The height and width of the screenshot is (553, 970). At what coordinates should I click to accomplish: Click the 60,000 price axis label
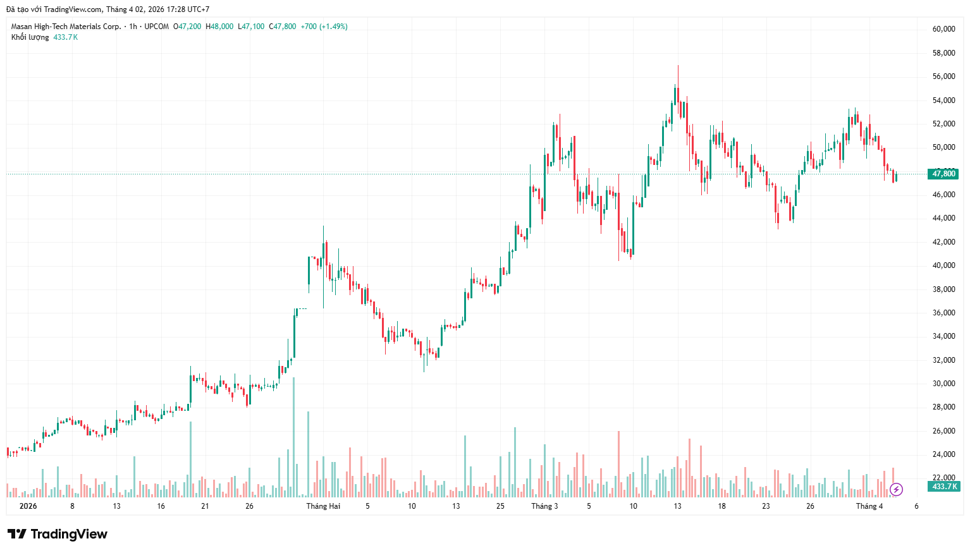(943, 29)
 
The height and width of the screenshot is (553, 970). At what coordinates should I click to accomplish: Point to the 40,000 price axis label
(943, 265)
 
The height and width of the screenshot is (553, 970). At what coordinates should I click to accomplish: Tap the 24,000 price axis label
(943, 454)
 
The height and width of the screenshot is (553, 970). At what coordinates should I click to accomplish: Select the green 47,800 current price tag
(943, 174)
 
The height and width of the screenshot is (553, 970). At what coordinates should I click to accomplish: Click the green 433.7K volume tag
(944, 487)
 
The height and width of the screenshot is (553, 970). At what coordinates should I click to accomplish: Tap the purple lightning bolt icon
(896, 489)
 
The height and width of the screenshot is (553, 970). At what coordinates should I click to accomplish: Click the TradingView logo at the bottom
(58, 535)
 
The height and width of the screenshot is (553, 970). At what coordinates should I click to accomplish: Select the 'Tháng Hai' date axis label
(323, 506)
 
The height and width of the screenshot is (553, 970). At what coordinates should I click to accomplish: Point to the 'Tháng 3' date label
(544, 506)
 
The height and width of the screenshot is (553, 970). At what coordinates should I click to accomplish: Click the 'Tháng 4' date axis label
(869, 506)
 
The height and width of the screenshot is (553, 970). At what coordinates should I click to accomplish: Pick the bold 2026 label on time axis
(28, 506)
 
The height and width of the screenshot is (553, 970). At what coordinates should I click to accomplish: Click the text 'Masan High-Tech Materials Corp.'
(66, 27)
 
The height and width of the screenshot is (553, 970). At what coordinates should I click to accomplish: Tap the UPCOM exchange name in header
(156, 27)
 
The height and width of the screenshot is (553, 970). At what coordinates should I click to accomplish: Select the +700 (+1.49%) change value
(324, 27)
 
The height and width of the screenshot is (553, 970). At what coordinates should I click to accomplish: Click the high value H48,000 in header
(219, 27)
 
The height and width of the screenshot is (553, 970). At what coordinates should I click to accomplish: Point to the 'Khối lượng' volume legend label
(30, 37)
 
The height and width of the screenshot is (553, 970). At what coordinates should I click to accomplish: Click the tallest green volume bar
(293, 436)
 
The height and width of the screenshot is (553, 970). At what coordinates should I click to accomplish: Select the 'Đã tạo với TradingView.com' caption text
(54, 9)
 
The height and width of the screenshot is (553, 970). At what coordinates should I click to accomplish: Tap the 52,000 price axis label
(943, 124)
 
